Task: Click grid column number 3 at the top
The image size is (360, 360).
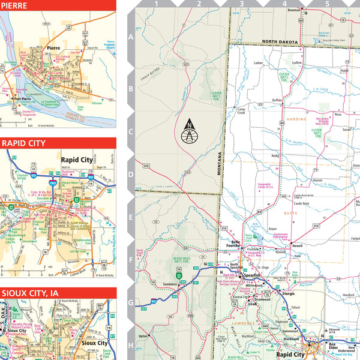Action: click(241, 4)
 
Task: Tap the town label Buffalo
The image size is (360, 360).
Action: click(277, 100)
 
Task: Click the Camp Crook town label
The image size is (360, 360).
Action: click(241, 111)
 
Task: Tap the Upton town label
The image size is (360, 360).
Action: click(143, 336)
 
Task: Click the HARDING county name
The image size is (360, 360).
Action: click(298, 119)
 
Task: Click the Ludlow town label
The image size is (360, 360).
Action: click(296, 62)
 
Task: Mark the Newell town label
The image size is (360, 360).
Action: click(297, 246)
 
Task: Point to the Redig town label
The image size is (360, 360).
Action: click(275, 155)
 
